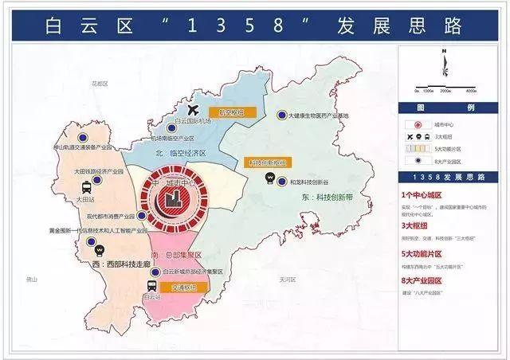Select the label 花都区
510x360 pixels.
(x=99, y=83)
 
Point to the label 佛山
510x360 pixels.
(x=31, y=280)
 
